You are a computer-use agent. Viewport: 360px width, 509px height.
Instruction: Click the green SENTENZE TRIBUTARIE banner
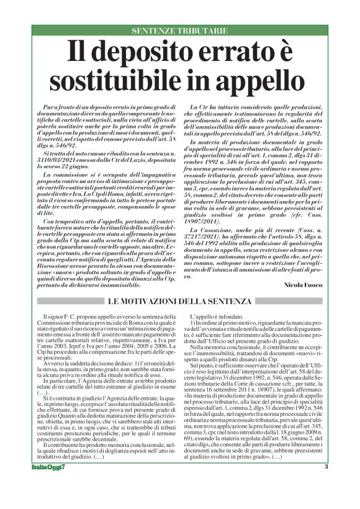[179, 30]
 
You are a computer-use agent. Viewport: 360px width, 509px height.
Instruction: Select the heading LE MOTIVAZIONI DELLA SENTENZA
[179, 301]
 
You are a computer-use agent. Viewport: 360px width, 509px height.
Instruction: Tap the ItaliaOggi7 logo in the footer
[50, 485]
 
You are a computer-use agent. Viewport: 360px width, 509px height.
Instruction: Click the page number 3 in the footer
[325, 484]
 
